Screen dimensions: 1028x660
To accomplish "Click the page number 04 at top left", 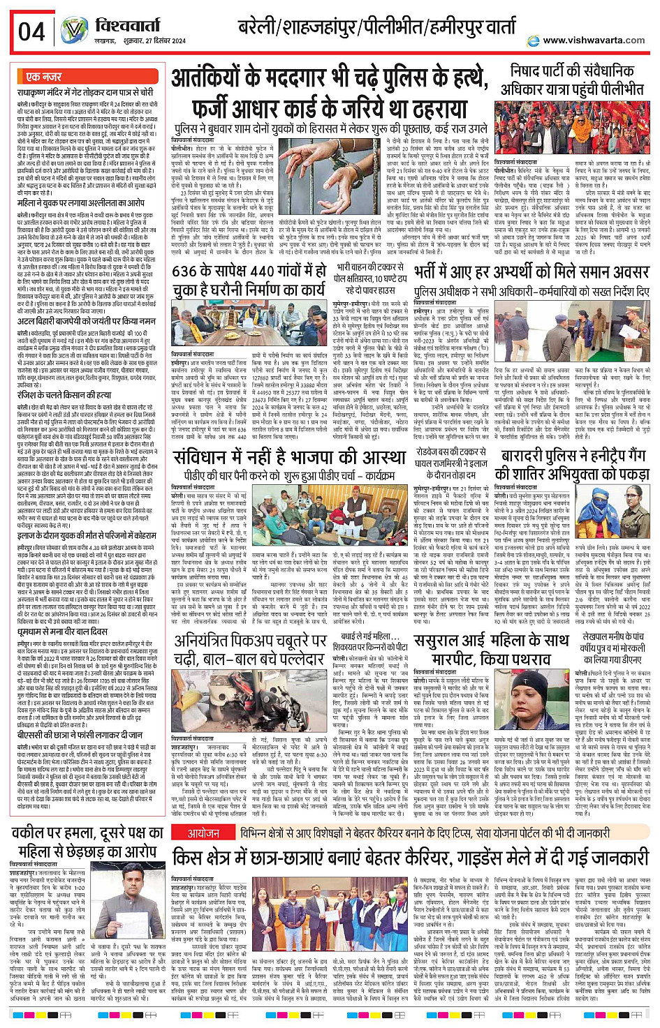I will pos(31,31).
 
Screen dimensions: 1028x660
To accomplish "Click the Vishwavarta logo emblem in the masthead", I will pos(74,31).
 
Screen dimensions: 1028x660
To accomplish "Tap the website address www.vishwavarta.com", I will pos(594,40).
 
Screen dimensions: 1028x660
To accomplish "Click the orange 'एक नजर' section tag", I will pos(43,77).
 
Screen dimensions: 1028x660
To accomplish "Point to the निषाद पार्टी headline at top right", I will pos(572,80).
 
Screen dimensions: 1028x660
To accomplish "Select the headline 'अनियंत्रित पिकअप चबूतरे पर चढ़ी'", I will pos(251,650).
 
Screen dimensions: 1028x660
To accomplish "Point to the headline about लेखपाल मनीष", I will pos(608,647).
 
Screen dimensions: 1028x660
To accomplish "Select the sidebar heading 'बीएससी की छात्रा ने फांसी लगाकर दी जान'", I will pos(80,735).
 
